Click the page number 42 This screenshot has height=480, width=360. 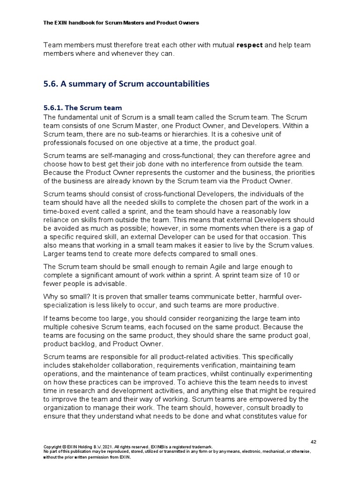314,442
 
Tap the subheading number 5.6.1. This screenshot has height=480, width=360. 53,108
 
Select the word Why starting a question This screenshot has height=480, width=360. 51,297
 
